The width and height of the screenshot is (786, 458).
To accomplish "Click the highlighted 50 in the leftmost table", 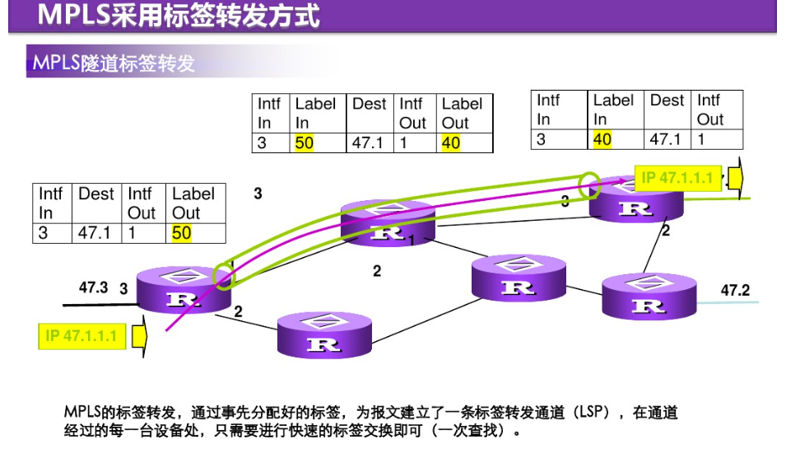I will (182, 233).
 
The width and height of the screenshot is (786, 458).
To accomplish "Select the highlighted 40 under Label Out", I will (451, 143).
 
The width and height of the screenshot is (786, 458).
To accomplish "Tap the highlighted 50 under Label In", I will (305, 143).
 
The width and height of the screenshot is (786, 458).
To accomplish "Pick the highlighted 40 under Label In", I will (602, 139).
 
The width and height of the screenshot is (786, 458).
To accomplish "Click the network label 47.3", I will (93, 287).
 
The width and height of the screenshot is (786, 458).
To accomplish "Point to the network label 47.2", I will (735, 290).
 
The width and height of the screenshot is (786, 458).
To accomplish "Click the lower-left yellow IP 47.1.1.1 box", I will (82, 336).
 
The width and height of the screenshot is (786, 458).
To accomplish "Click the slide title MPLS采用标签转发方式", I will (179, 16).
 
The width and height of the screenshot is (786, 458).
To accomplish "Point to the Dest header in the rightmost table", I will (667, 100).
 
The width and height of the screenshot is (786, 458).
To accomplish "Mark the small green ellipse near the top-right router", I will (590, 185).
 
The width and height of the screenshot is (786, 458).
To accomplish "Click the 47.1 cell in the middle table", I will (368, 143).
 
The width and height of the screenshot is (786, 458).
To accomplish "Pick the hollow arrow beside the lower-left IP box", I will (138, 336).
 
